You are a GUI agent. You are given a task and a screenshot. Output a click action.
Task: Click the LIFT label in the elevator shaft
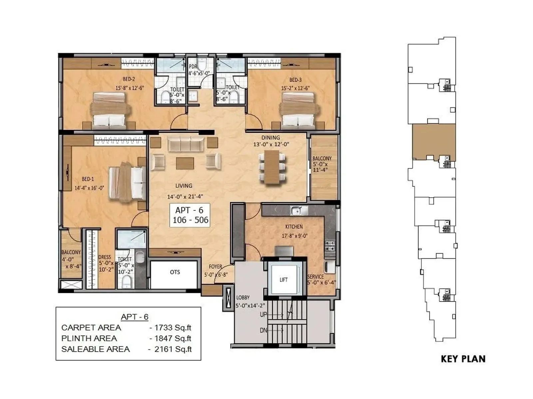pyautogui.click(x=283, y=280)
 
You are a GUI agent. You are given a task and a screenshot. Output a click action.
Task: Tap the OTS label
pyautogui.click(x=175, y=272)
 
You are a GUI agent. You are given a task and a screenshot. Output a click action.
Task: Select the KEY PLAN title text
pyautogui.click(x=463, y=359)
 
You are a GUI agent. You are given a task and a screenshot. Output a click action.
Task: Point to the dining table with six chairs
pyautogui.click(x=272, y=167)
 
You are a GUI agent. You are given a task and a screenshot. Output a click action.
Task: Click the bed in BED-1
pyautogui.click(x=128, y=182)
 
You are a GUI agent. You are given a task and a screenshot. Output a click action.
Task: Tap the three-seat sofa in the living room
pyautogui.click(x=186, y=144)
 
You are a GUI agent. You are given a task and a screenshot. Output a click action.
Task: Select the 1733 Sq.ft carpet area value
pyautogui.click(x=173, y=328)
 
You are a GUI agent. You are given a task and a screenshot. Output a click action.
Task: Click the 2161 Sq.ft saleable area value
pyautogui.click(x=173, y=349)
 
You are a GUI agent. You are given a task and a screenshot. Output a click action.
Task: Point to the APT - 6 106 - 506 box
pyautogui.click(x=190, y=215)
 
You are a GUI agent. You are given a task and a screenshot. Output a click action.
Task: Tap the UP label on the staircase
pyautogui.click(x=263, y=314)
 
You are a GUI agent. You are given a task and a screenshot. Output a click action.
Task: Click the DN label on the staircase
pyautogui.click(x=263, y=331)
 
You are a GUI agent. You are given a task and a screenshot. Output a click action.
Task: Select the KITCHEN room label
pyautogui.click(x=294, y=227)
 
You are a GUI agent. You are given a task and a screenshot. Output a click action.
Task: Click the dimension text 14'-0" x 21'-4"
pyautogui.click(x=185, y=197)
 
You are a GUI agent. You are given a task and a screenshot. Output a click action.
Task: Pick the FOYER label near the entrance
pyautogui.click(x=215, y=267)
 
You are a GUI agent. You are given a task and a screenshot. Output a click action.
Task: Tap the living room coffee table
pyautogui.click(x=185, y=163)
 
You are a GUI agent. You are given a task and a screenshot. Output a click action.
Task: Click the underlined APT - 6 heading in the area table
pyautogui.click(x=135, y=317)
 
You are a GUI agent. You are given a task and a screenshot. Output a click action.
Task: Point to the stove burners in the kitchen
pyautogui.click(x=330, y=246)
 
